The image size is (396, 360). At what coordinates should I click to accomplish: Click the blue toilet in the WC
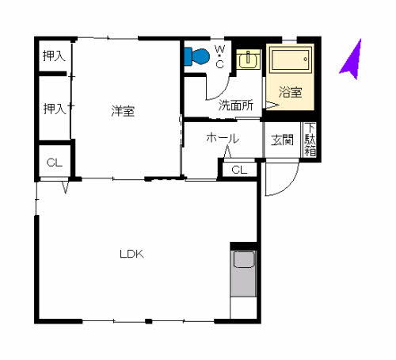[196, 56]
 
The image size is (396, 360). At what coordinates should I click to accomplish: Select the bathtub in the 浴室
[291, 59]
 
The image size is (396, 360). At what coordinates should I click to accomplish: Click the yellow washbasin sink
[248, 59]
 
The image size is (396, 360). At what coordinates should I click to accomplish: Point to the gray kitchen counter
[243, 274]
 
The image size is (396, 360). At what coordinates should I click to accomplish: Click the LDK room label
[131, 254]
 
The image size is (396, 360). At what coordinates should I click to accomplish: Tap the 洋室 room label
[123, 111]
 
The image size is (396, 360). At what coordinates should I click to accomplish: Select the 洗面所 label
[236, 105]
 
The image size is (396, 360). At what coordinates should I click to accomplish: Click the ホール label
[223, 138]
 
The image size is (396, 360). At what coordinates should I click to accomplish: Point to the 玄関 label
[282, 140]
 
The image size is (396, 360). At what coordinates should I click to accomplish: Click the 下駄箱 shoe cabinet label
[310, 140]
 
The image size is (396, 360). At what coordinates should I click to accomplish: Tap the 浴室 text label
[290, 92]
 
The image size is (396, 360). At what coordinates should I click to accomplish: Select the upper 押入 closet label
[54, 56]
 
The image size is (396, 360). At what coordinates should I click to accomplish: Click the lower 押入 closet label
[55, 109]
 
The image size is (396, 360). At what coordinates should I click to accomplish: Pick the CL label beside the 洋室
[55, 163]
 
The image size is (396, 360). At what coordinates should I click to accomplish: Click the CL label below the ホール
[239, 170]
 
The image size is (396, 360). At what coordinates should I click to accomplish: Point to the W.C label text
[219, 56]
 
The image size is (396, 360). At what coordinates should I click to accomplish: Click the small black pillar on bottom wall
[149, 321]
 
